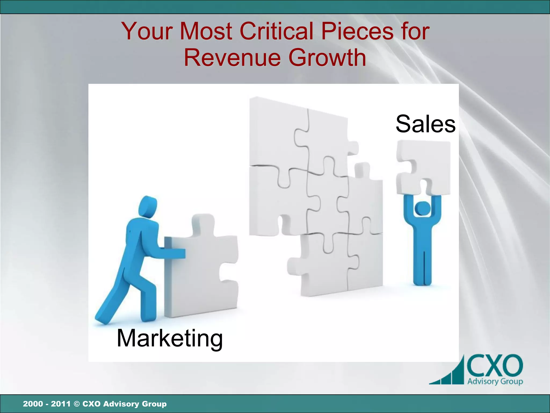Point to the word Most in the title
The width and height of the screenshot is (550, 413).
pyautogui.click(x=206, y=31)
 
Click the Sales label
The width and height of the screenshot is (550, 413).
pyautogui.click(x=425, y=124)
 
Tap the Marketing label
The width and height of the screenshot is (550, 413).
pyautogui.click(x=170, y=339)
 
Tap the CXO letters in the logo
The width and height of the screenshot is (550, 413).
pyautogui.click(x=495, y=366)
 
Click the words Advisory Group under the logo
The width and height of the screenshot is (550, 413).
pyautogui.click(x=495, y=381)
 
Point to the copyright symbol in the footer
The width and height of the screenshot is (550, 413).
pyautogui.click(x=77, y=404)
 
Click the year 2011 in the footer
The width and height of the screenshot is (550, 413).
pyautogui.click(x=61, y=404)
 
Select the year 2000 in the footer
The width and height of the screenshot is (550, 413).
pyautogui.click(x=33, y=404)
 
